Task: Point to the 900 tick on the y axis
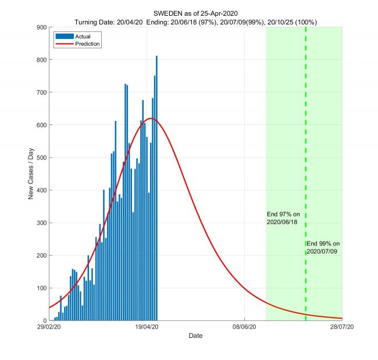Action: tap(41, 27)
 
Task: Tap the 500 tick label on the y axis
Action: tap(41, 158)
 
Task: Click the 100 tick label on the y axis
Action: tap(41, 288)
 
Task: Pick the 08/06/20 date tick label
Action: tap(244, 327)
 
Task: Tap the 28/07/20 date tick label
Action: tap(341, 327)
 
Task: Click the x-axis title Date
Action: tap(195, 336)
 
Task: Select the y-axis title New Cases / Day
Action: tap(32, 173)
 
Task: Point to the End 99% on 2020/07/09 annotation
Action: tap(323, 247)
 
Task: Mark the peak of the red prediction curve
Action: tap(151, 119)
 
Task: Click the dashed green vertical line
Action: tap(305, 174)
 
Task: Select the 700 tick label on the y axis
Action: tap(41, 92)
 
